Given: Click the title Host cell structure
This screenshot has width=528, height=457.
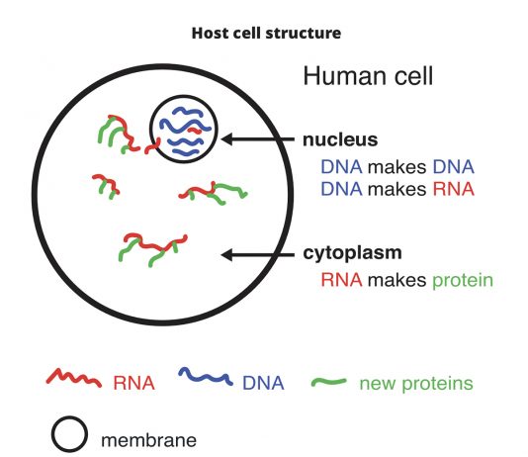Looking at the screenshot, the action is pos(266,34).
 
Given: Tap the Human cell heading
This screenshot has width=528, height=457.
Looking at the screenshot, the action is pos(368,76).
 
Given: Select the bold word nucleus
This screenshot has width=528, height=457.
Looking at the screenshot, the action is pos(340,139).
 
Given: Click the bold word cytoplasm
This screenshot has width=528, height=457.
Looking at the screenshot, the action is pos(352,253).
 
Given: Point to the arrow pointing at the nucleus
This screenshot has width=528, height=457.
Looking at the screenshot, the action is pos(258,138).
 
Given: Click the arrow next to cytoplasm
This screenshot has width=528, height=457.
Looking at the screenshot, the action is pos(258,255).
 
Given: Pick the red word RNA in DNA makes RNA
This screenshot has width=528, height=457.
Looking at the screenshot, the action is pos(454,189).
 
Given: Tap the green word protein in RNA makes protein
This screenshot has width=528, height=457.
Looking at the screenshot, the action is pos(463,280).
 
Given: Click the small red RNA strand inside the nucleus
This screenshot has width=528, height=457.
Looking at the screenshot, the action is pos(195,131).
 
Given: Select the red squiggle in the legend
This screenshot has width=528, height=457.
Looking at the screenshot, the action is pos(74,377).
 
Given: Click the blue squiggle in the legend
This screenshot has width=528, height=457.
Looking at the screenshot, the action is pos(206,376).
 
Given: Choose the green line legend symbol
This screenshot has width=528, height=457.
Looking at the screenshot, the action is pos(328,382).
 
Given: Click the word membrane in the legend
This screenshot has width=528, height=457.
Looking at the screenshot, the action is pos(148,440).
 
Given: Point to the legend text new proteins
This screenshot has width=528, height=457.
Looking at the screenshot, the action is pos(416,384).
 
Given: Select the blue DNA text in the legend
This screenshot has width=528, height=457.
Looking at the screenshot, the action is pos(263,383).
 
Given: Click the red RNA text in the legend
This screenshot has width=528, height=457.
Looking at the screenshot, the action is pos(134,383).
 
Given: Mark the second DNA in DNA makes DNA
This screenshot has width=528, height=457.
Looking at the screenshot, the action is pos(454,167).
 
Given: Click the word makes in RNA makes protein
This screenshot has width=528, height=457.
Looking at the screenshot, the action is pos(397,280).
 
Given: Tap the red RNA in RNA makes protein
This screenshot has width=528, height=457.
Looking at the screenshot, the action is pos(341,280).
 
